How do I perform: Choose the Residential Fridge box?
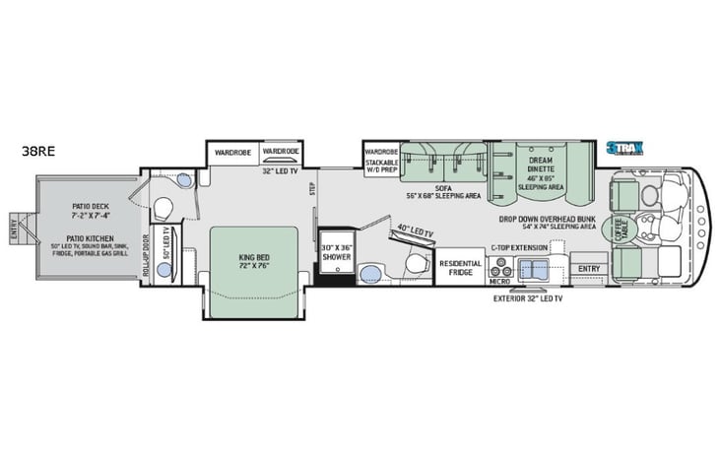pos(460,267)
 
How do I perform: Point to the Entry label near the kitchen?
pos(589,267)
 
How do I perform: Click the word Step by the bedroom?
pos(312,189)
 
